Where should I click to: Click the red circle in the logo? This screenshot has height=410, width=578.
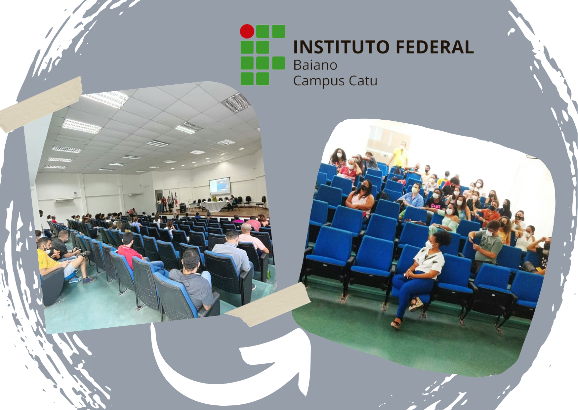(247, 31)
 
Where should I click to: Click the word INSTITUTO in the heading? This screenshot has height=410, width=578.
(341, 47)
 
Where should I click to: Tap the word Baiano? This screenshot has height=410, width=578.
(315, 65)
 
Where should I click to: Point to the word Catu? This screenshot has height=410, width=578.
(363, 81)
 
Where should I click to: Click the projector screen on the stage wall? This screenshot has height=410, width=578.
(219, 186)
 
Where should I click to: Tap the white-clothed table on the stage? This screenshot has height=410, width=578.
(214, 206)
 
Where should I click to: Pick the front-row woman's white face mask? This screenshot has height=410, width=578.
(429, 245)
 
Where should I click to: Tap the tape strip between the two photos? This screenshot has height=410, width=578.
(268, 304)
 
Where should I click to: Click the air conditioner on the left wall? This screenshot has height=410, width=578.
(64, 200)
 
